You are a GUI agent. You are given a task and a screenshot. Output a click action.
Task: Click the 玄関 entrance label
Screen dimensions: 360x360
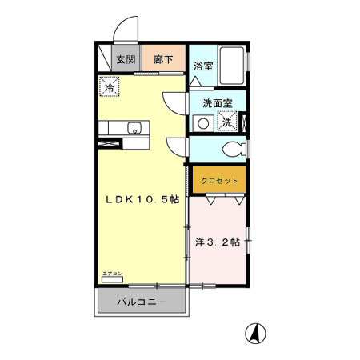click(124, 58)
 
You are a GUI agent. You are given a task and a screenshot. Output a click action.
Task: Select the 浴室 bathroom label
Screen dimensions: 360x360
click(202, 66)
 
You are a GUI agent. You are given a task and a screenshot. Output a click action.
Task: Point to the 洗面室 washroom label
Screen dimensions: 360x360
click(217, 103)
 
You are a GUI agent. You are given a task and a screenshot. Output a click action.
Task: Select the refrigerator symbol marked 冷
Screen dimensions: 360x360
click(107, 85)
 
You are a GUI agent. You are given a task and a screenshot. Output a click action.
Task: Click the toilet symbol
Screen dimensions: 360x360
click(234, 149)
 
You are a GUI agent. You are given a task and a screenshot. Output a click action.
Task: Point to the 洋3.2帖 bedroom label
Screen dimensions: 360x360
click(218, 241)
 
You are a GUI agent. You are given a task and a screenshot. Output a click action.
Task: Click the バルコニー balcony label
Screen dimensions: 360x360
click(142, 302)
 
